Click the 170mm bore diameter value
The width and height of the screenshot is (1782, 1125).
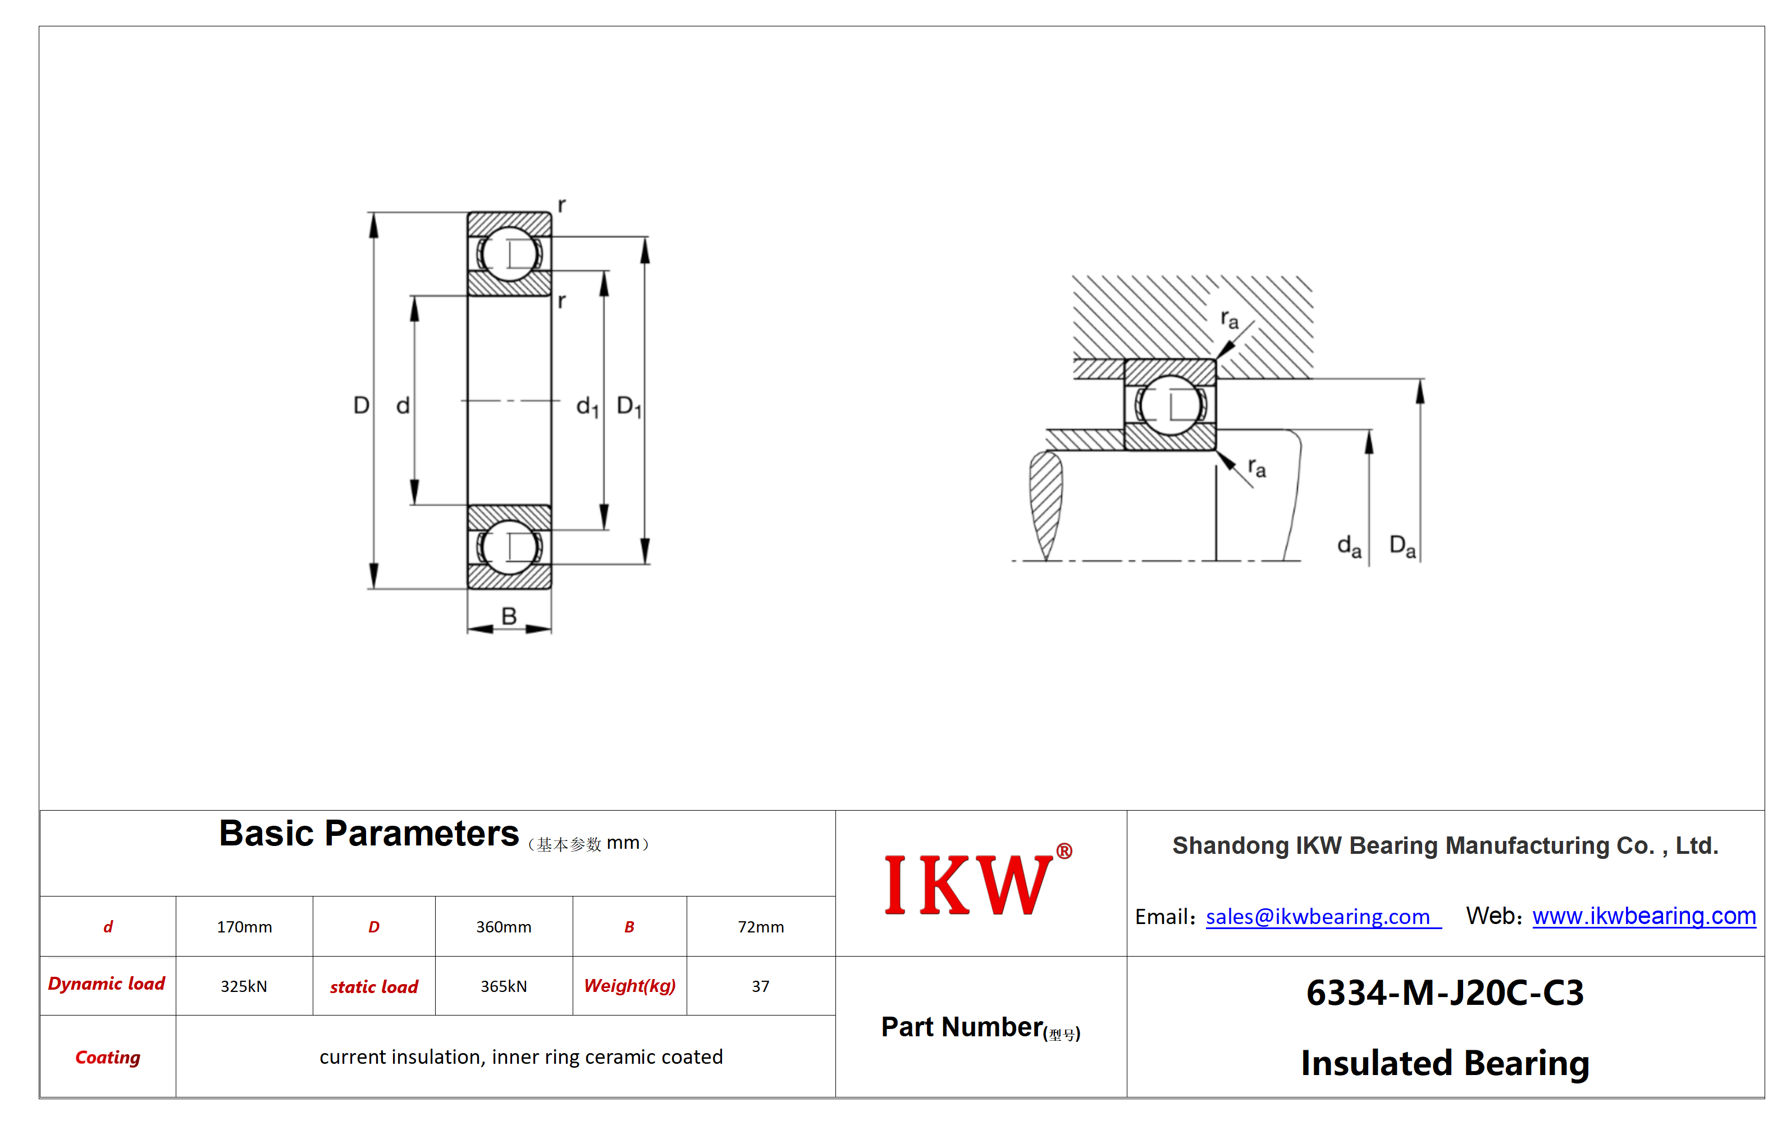pyautogui.click(x=244, y=927)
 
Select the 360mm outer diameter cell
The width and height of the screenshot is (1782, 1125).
pyautogui.click(x=503, y=927)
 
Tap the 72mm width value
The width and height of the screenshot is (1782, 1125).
pyautogui.click(x=761, y=927)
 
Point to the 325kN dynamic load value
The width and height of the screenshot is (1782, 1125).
pyautogui.click(x=244, y=986)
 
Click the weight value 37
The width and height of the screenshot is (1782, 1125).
pyautogui.click(x=761, y=986)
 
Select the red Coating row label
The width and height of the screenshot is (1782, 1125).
pyautogui.click(x=108, y=1057)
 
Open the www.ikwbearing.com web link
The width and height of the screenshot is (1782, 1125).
pyautogui.click(x=1644, y=916)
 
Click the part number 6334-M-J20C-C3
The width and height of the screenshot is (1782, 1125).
pyautogui.click(x=1445, y=993)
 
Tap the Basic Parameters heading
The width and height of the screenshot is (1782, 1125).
pyautogui.click(x=368, y=834)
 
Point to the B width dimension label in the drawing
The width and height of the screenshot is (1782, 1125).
pyautogui.click(x=509, y=615)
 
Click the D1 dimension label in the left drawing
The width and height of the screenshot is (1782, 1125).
pyautogui.click(x=629, y=406)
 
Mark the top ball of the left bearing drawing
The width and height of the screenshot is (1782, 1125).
pyautogui.click(x=509, y=254)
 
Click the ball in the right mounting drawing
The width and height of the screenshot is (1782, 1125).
pyautogui.click(x=1170, y=405)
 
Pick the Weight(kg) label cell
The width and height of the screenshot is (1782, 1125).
pyautogui.click(x=630, y=986)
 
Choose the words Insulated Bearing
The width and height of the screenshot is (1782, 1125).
pyautogui.click(x=1445, y=1063)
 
